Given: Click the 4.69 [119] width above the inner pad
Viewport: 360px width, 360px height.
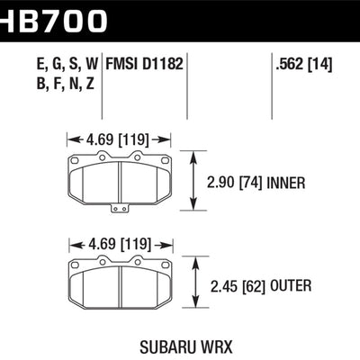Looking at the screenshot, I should tap(120, 139).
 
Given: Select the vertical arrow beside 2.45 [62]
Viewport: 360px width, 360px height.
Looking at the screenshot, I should tap(196, 285).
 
